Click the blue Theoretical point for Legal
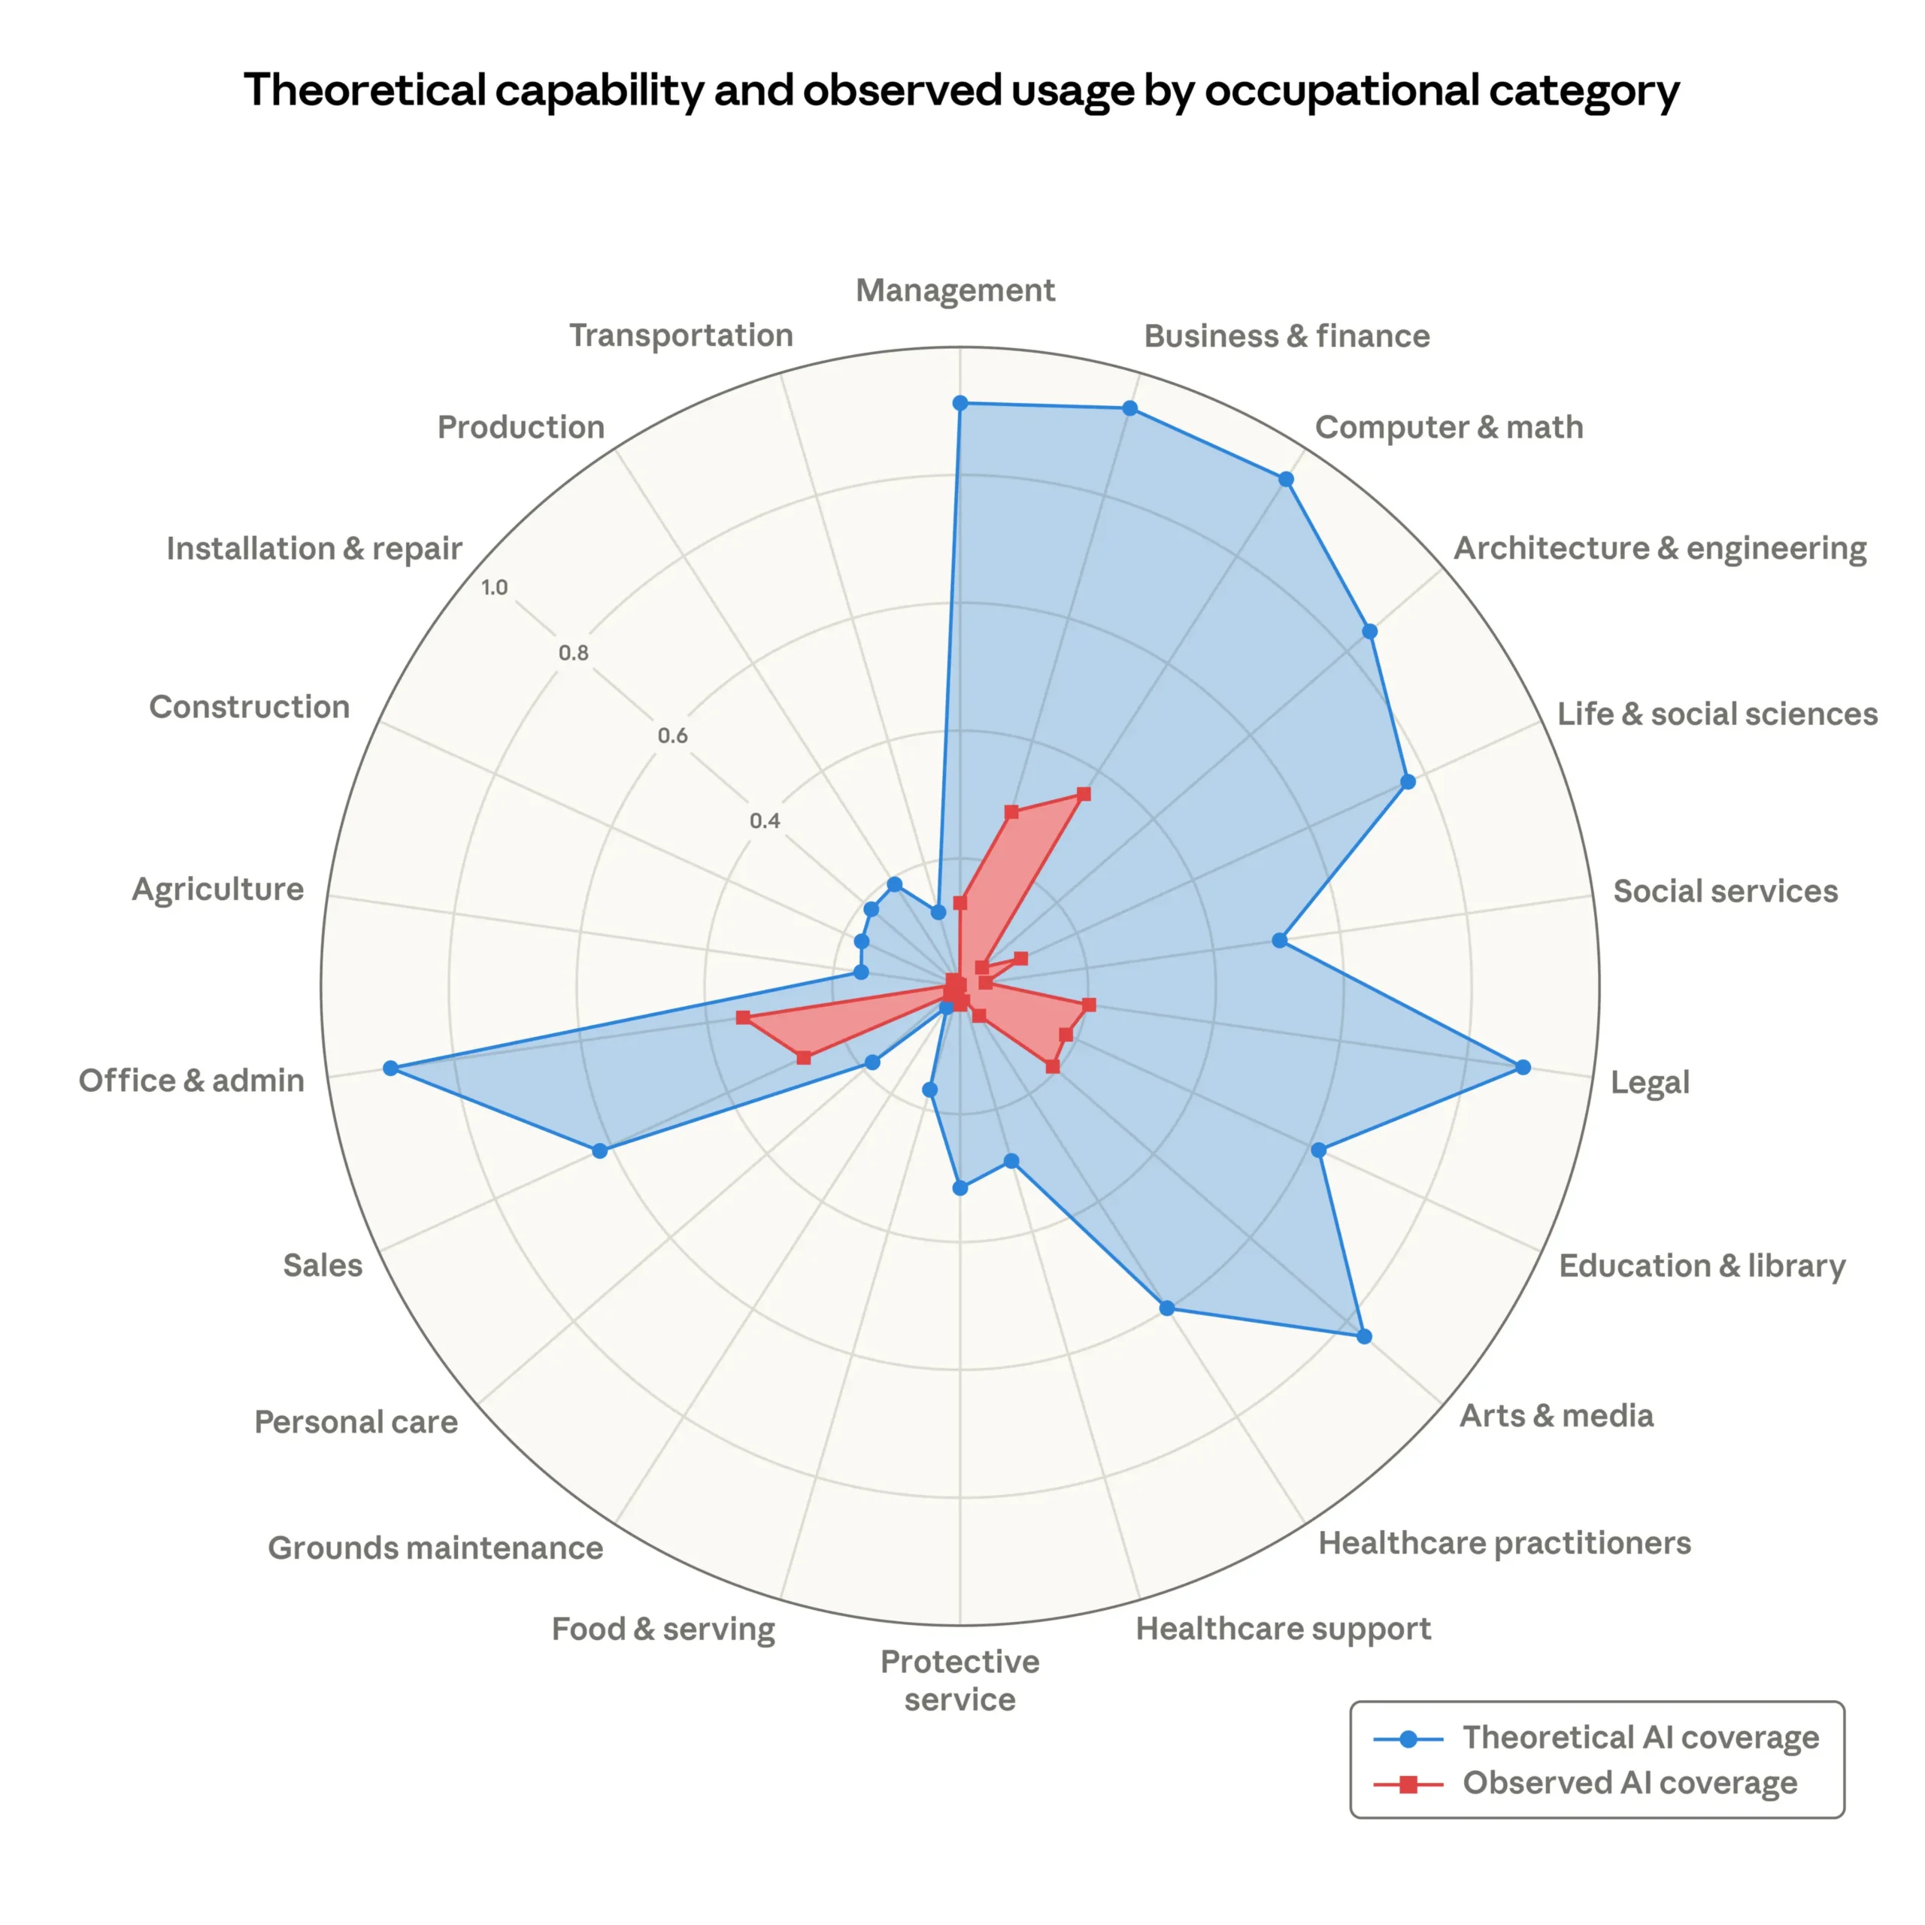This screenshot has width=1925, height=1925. [x=1523, y=1067]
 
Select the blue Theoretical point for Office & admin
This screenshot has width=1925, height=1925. [x=390, y=1068]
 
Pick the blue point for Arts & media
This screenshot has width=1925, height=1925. [x=1364, y=1336]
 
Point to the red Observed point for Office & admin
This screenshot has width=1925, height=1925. [x=742, y=1017]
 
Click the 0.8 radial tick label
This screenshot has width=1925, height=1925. [x=573, y=653]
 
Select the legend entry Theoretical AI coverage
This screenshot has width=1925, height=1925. [x=1640, y=1738]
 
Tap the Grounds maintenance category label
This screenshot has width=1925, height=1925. [x=435, y=1548]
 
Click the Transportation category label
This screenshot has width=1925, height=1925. [x=681, y=336]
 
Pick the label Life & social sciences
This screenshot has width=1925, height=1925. [x=1717, y=714]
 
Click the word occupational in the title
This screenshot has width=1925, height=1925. [x=1342, y=91]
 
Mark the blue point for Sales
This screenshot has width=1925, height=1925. [x=599, y=1150]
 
